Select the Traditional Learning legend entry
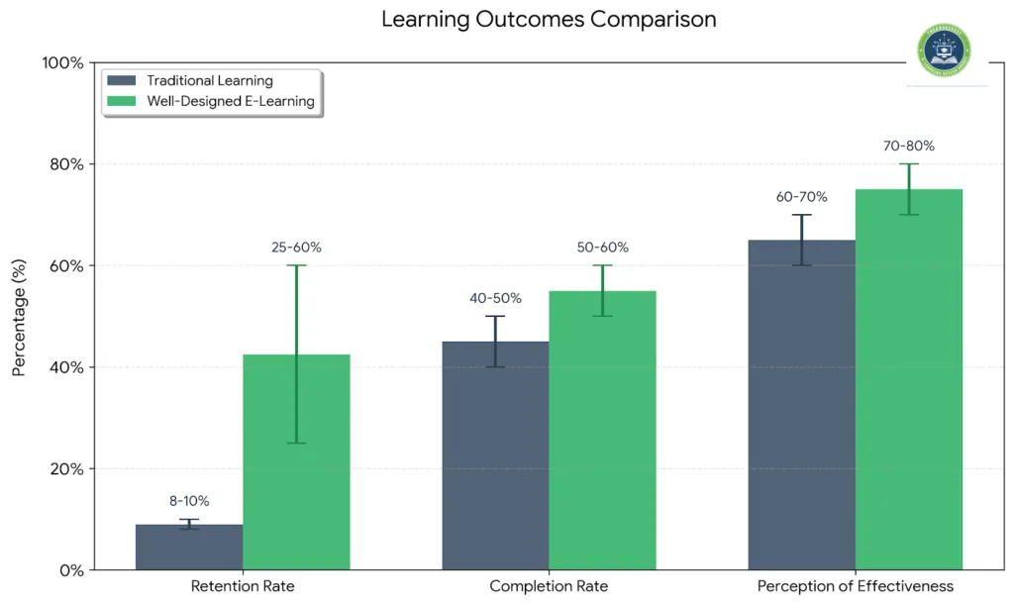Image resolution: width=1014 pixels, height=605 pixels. click(209, 81)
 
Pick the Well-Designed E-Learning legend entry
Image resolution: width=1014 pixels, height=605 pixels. click(230, 101)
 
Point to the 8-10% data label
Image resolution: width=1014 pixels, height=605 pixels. click(188, 501)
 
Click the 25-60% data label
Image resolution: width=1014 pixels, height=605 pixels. click(296, 248)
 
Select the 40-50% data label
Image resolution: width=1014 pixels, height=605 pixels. click(495, 298)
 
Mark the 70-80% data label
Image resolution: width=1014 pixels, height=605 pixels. click(908, 147)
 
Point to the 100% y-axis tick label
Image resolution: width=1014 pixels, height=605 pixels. click(62, 63)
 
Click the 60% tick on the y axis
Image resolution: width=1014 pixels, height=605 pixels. click(66, 266)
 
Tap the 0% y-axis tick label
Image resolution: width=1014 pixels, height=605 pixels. click(70, 570)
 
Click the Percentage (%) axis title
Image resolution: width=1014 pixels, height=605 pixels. click(20, 317)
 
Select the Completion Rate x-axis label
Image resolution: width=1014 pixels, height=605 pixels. click(549, 586)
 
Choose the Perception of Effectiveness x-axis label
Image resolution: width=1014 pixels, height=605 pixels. click(855, 586)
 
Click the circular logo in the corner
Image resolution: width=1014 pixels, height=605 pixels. click(945, 50)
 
